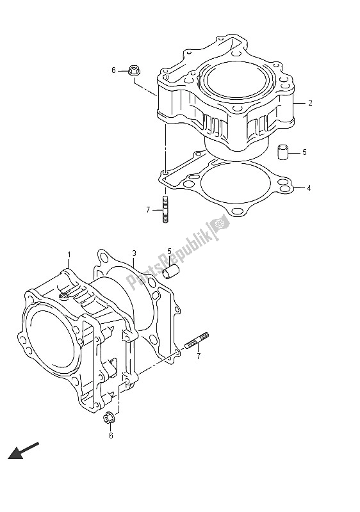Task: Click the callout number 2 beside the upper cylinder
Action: tap(309, 102)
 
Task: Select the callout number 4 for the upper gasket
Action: tap(308, 188)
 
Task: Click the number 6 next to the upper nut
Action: tap(114, 70)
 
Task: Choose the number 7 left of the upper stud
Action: tap(147, 209)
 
